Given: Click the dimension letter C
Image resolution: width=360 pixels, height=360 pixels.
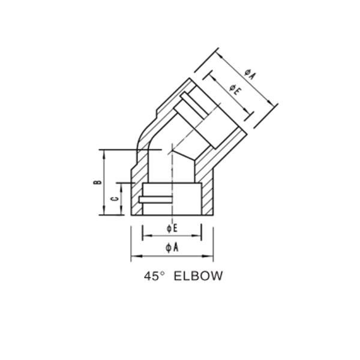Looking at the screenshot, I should click(x=112, y=199).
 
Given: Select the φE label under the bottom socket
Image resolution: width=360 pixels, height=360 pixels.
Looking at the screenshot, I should click(x=172, y=228).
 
